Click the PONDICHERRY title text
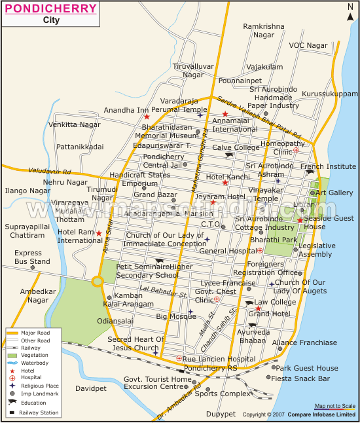pos(50,9)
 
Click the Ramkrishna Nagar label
pos(264,30)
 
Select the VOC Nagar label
pos(308,45)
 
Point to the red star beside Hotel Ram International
pos(99,233)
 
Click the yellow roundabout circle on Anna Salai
pos(98,282)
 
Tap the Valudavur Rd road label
pos(49,171)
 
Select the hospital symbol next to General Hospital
pos(260,250)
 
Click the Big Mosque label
pos(176,316)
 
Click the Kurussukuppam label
pos(331,94)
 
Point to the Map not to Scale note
pos(334,406)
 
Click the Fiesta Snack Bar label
pos(302,378)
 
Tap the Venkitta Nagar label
pos(75,124)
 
